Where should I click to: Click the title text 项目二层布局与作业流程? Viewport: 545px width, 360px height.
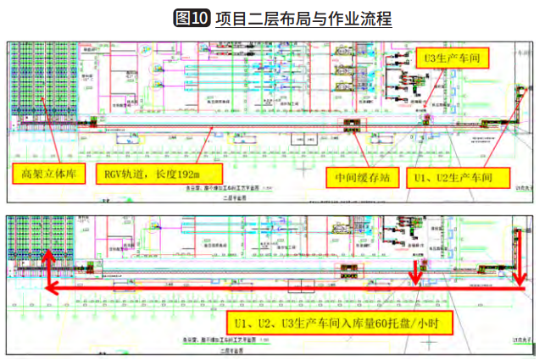302,18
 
